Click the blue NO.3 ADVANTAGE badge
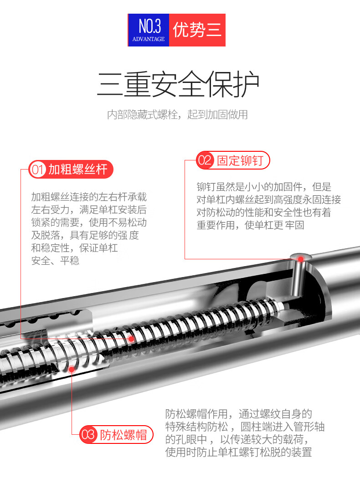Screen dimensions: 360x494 [x=149, y=30]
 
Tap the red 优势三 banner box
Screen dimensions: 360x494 [x=197, y=30]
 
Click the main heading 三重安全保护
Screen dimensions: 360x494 [x=178, y=84]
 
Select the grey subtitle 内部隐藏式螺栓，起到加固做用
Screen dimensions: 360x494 [x=177, y=114]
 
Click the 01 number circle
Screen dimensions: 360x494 [x=37, y=170]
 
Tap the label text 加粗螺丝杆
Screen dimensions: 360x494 [x=78, y=170]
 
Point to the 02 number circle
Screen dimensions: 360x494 [x=205, y=160]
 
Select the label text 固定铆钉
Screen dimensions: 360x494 [x=240, y=160]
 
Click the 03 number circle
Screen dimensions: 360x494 [x=88, y=435]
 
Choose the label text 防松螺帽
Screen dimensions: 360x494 [x=123, y=435]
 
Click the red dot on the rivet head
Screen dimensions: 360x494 [x=301, y=259]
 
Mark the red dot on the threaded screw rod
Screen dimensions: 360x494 [x=131, y=339]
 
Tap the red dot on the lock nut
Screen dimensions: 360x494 [x=72, y=369]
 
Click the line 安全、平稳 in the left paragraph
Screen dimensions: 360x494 [x=55, y=261]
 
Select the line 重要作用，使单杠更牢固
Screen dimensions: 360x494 [x=250, y=225]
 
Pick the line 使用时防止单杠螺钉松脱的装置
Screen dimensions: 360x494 [x=238, y=452]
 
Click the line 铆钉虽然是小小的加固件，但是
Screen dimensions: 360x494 [x=264, y=187]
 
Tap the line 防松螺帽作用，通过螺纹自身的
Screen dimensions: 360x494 [x=238, y=414]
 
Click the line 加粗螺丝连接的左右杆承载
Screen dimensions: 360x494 [x=89, y=197]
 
